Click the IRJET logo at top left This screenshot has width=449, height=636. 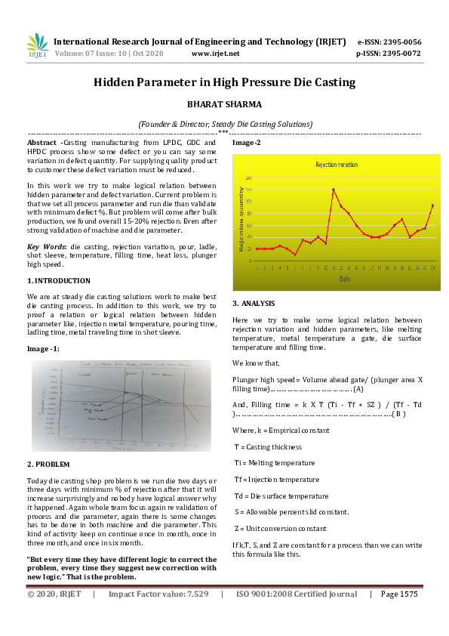tap(38, 46)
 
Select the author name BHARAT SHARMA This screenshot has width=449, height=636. tap(224, 107)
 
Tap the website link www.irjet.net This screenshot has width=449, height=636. tap(216, 54)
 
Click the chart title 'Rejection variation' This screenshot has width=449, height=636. tap(337, 164)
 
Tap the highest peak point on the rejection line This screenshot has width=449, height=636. tap(334, 190)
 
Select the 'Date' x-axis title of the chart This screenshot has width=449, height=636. tap(344, 279)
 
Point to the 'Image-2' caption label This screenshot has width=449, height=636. tap(247, 143)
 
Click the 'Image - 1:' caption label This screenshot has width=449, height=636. tap(44, 348)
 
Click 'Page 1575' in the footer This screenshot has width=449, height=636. tap(399, 594)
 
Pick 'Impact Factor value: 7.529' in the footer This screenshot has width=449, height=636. tap(158, 594)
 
